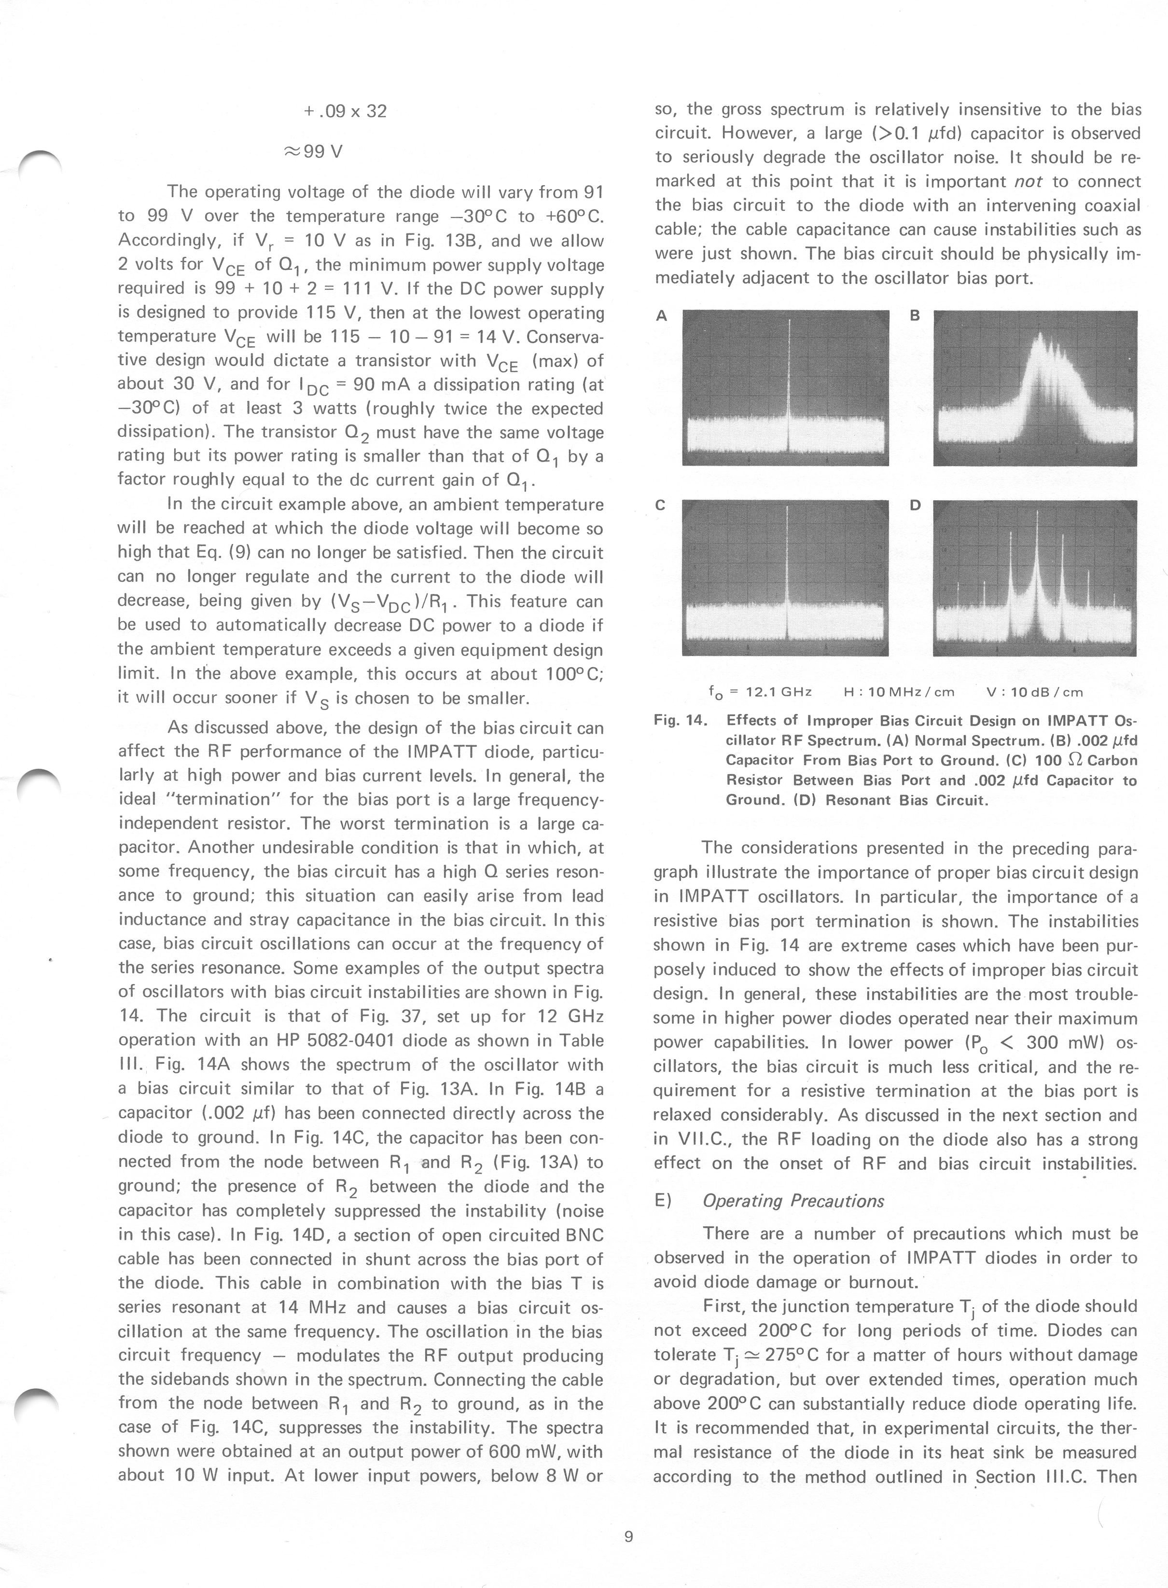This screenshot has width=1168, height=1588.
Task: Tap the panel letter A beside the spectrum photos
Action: (661, 316)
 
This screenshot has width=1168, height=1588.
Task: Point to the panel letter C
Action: (660, 506)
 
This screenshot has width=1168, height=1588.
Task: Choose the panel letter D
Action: (915, 506)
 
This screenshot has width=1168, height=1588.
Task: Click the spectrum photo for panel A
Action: (785, 388)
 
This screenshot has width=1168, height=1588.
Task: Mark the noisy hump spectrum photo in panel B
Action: (1035, 388)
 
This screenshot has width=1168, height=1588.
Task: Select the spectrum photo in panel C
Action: (785, 577)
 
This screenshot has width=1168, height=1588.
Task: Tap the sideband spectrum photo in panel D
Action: (1035, 577)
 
